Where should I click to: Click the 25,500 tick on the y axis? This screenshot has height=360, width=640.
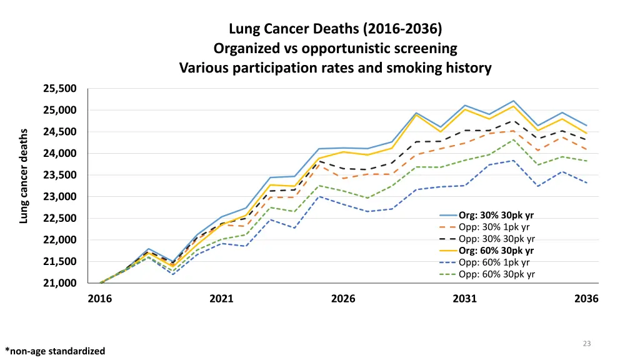click(60, 89)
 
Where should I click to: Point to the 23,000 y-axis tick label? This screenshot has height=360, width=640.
click(60, 197)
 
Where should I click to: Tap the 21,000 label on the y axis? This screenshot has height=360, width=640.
click(60, 283)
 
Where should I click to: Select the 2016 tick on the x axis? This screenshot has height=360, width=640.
click(100, 299)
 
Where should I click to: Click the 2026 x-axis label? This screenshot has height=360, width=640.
click(343, 299)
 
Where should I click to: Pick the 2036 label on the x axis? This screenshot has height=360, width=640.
click(587, 299)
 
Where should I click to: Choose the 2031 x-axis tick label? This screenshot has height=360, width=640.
click(465, 299)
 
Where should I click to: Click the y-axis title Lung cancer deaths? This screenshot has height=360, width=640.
click(24, 176)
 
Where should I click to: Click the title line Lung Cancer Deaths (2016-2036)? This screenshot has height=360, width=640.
click(336, 28)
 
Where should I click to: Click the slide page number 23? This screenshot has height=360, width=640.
click(587, 343)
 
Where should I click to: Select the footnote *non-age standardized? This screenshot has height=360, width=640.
click(55, 351)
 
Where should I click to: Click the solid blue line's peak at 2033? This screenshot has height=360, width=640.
click(514, 101)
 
